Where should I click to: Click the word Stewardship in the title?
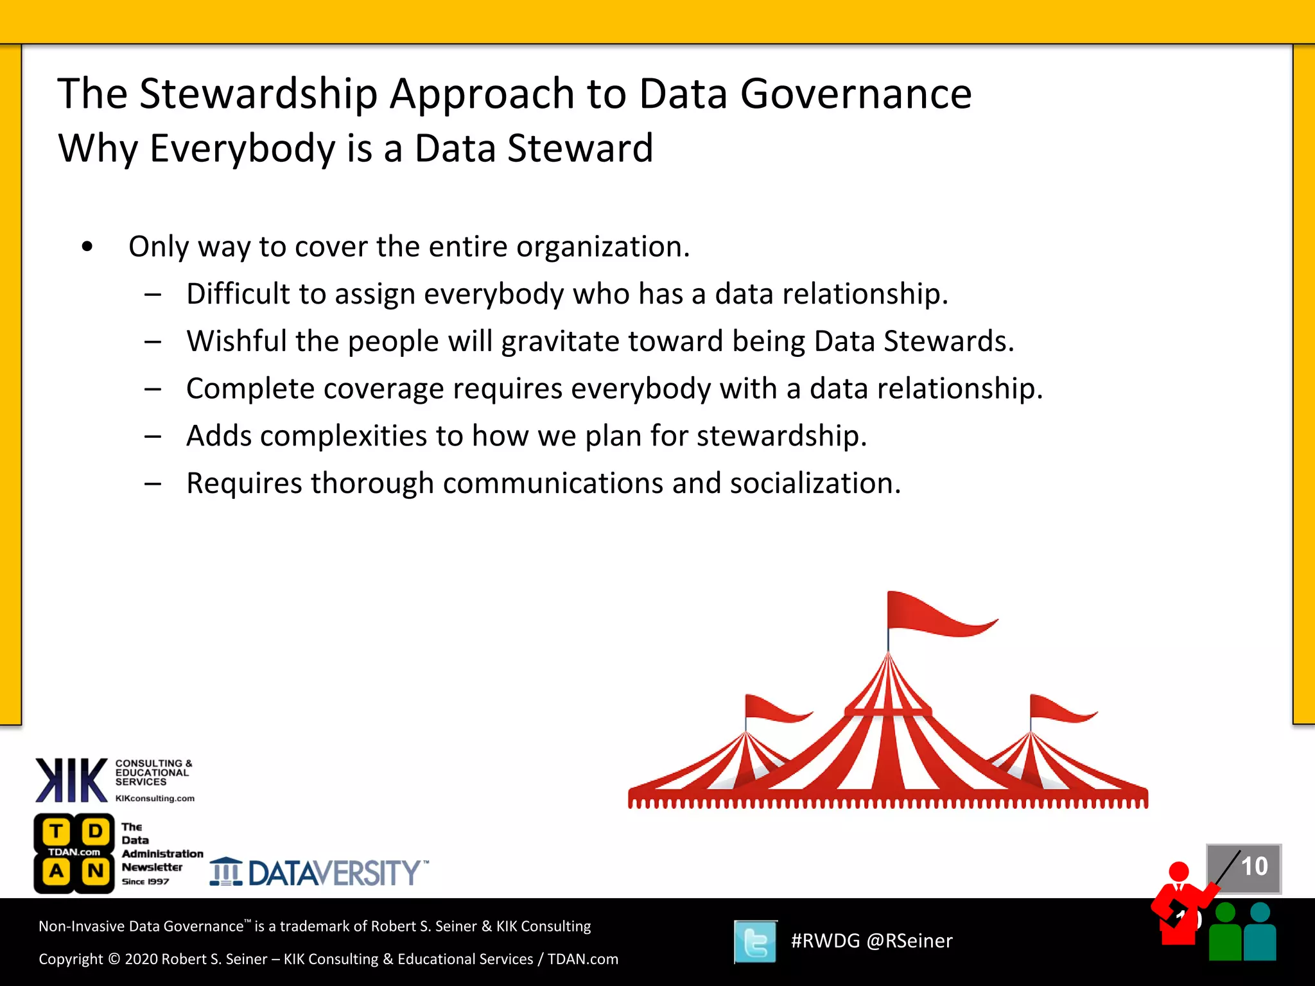[x=258, y=94]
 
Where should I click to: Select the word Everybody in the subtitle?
[x=243, y=148]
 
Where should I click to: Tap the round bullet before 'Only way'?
[x=87, y=246]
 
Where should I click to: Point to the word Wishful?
[x=236, y=341]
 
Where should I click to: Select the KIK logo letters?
[x=71, y=780]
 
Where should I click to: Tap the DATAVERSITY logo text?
[x=334, y=873]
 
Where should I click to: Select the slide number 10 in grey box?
[x=1253, y=867]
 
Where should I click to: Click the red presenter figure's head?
[x=1179, y=872]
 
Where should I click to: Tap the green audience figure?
[x=1225, y=934]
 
